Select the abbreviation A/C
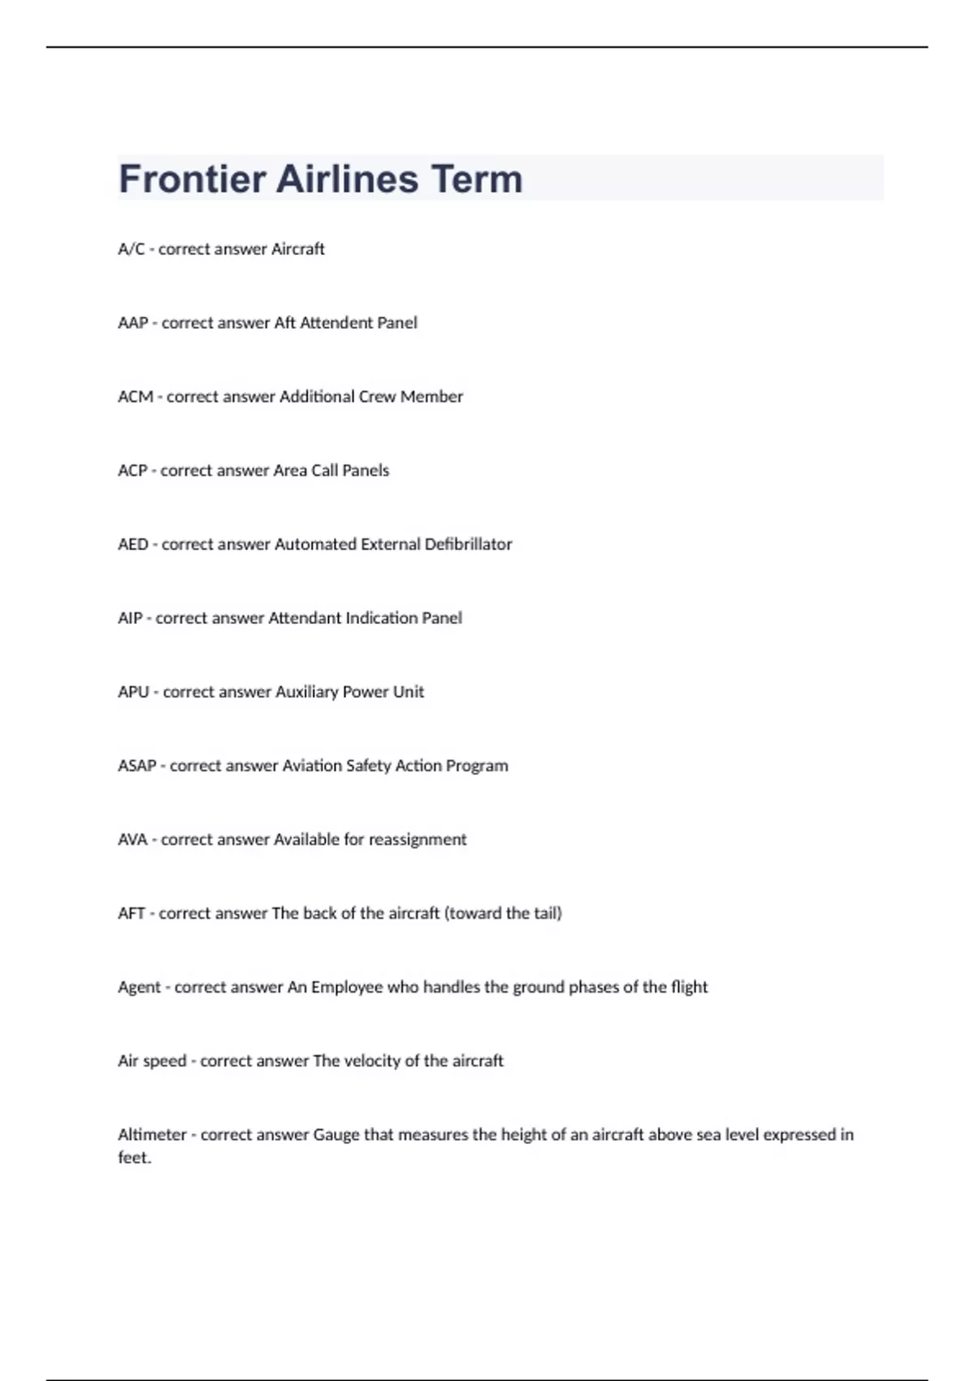131,249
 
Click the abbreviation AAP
133,323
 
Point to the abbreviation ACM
136,397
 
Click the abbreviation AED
133,544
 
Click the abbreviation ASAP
137,766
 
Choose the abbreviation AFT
132,914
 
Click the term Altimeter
152,1135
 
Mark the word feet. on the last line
135,1158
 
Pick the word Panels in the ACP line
366,471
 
